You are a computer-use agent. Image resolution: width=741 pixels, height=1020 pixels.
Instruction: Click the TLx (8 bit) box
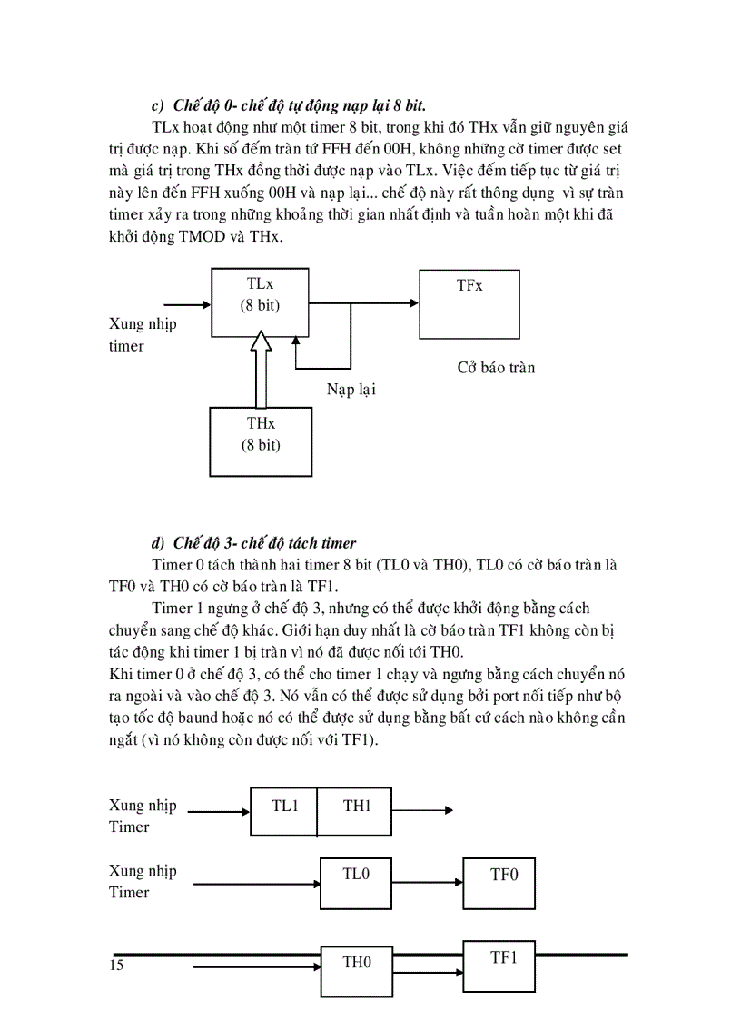click(x=259, y=302)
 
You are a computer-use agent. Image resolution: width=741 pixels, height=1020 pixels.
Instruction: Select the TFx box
click(x=469, y=303)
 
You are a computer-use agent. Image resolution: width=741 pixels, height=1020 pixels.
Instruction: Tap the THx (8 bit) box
click(x=261, y=441)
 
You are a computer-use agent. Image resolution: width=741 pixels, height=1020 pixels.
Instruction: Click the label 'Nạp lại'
click(x=351, y=390)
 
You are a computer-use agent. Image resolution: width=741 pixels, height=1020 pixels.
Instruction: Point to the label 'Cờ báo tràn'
click(x=496, y=368)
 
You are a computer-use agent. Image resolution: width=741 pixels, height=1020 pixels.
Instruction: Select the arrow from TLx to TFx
click(x=363, y=304)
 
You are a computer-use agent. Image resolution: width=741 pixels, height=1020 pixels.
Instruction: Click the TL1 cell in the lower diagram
click(x=284, y=810)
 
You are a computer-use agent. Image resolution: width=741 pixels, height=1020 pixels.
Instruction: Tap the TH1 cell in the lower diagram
click(x=355, y=810)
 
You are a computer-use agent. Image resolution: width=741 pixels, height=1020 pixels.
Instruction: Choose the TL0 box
click(x=356, y=881)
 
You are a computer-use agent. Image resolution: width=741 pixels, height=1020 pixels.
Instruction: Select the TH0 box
click(x=356, y=972)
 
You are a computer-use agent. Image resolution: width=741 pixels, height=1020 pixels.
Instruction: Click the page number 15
click(x=115, y=965)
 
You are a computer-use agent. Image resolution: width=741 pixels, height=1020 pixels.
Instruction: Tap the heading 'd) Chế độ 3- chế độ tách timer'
click(x=253, y=543)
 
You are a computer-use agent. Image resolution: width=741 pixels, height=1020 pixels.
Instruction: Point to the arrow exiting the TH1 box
click(x=422, y=811)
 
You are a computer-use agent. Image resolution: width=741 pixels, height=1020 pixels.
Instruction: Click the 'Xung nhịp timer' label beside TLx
click(x=142, y=335)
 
